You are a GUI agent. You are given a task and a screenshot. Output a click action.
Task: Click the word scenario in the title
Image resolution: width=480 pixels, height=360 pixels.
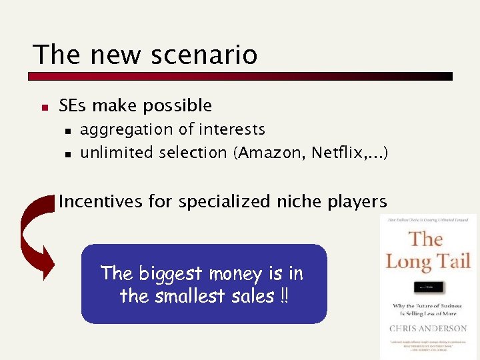[204, 55]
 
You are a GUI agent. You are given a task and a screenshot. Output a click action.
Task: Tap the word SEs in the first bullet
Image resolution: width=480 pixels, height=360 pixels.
[73, 105]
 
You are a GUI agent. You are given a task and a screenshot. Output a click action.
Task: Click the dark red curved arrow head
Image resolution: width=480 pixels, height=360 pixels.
[45, 263]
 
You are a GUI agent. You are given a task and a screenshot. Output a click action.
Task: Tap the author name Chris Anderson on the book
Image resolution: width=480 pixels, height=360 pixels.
[428, 328]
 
